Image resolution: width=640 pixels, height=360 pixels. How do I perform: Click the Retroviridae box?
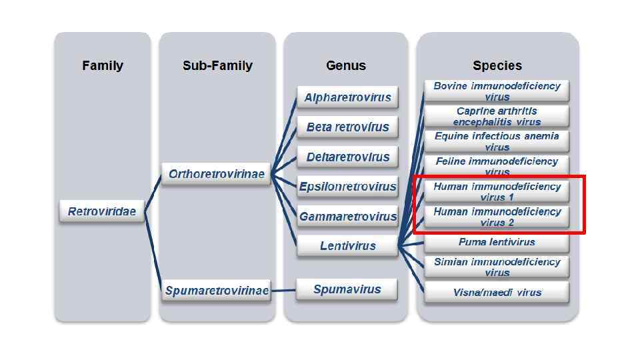tap(102, 211)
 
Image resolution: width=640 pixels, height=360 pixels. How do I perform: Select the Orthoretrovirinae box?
tap(217, 174)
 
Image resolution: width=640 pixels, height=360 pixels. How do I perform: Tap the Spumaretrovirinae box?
tap(217, 291)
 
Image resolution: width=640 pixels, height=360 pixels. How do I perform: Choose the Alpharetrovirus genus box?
tap(347, 97)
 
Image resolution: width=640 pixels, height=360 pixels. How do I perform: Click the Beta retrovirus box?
tap(347, 127)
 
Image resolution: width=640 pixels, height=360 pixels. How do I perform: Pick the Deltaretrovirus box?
tap(347, 157)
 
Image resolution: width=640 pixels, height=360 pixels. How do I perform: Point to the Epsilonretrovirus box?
tap(347, 187)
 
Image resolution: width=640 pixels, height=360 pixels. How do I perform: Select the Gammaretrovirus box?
tap(347, 217)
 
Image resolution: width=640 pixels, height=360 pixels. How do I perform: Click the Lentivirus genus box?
tap(347, 246)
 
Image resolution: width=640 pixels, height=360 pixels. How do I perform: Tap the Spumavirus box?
tap(347, 289)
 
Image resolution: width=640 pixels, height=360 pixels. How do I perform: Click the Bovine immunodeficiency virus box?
tap(497, 91)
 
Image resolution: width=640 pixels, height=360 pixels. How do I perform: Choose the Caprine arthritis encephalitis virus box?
tap(497, 116)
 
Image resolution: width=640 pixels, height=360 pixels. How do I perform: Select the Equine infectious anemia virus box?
tap(497, 141)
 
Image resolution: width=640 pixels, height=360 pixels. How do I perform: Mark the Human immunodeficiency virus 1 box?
tap(497, 192)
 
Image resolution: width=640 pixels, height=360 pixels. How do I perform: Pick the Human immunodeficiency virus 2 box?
tap(497, 217)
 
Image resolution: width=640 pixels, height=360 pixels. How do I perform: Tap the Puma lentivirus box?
tap(497, 242)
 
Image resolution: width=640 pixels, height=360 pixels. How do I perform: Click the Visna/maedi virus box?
tap(497, 292)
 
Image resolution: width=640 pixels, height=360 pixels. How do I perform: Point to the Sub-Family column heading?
tap(217, 65)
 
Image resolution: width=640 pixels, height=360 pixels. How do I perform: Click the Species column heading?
tap(497, 65)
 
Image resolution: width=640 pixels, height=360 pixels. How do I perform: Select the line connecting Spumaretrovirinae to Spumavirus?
tap(283, 290)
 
